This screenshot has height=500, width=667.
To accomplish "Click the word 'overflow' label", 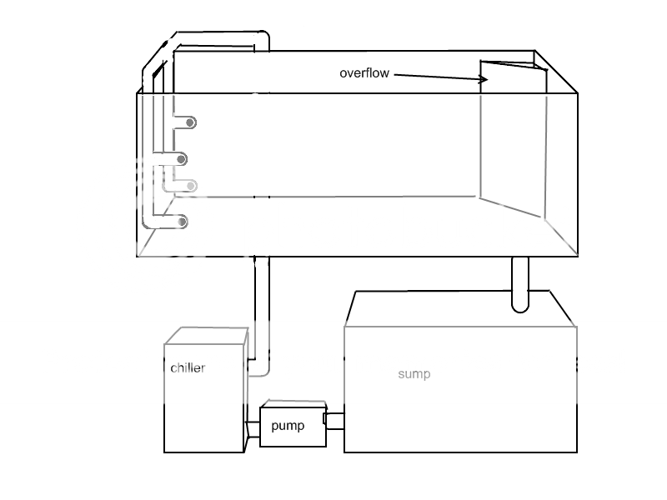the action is [364, 73].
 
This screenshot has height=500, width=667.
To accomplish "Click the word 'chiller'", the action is [188, 367].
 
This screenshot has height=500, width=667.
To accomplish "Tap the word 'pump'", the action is [288, 426].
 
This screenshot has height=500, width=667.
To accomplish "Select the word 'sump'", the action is [414, 374].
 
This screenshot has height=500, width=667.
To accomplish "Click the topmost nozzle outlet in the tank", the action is [190, 122].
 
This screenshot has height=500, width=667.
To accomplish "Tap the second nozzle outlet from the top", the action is [181, 159].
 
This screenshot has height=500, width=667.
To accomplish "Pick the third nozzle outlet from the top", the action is [192, 186].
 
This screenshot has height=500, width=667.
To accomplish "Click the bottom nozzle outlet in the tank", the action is [182, 222].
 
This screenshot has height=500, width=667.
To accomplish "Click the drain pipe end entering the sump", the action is [519, 305].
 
